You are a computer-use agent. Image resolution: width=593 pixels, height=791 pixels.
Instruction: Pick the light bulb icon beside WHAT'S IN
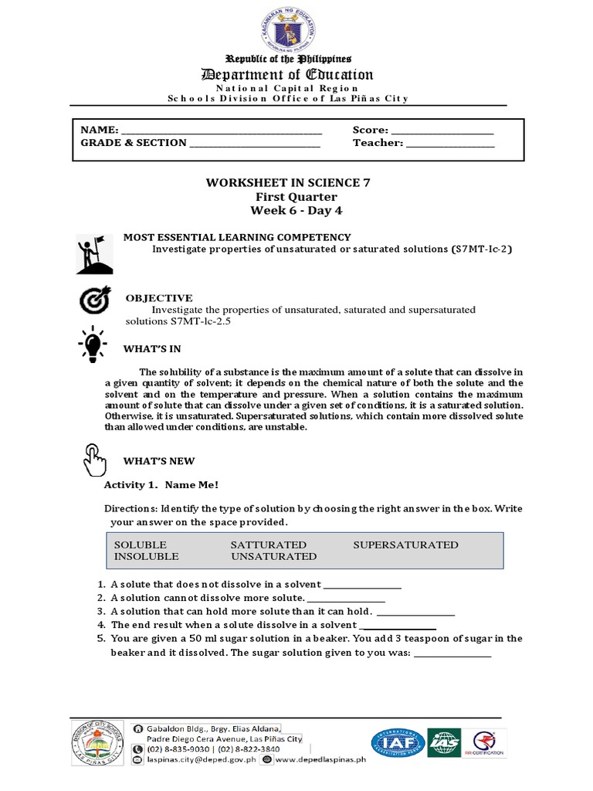(x=93, y=345)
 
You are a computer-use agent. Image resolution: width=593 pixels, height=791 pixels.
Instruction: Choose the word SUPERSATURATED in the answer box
(x=405, y=545)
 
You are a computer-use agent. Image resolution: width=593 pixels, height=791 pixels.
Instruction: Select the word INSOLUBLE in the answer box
(x=147, y=555)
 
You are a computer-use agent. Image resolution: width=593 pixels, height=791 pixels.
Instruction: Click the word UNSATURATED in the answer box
(x=273, y=555)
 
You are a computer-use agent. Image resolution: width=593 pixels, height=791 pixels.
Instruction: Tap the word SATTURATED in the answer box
(x=268, y=545)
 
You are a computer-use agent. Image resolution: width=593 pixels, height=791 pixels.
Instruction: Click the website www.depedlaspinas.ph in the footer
(x=320, y=759)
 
